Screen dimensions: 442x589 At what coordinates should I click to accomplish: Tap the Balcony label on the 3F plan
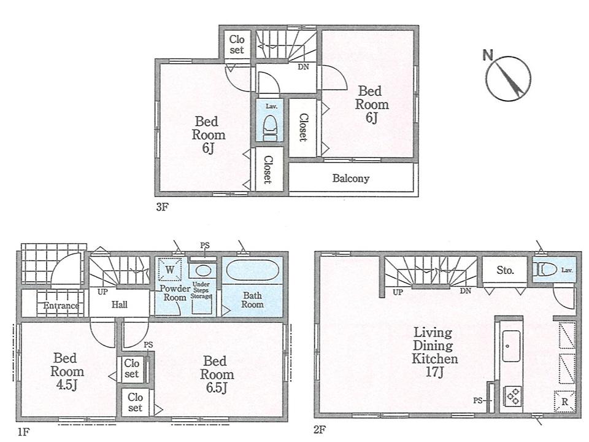[351, 179]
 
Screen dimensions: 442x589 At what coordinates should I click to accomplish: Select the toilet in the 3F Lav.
[270, 127]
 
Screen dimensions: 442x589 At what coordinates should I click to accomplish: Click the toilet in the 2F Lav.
[547, 269]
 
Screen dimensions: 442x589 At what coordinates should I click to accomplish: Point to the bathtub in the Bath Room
[252, 271]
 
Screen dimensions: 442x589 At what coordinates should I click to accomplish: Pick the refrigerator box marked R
[564, 401]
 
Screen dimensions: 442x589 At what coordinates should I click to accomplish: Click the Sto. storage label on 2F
[505, 269]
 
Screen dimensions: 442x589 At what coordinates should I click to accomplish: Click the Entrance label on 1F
[60, 306]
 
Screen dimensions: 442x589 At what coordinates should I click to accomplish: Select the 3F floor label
[161, 207]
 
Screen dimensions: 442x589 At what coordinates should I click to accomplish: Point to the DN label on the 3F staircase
[303, 68]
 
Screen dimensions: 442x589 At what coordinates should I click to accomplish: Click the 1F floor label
[23, 432]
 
